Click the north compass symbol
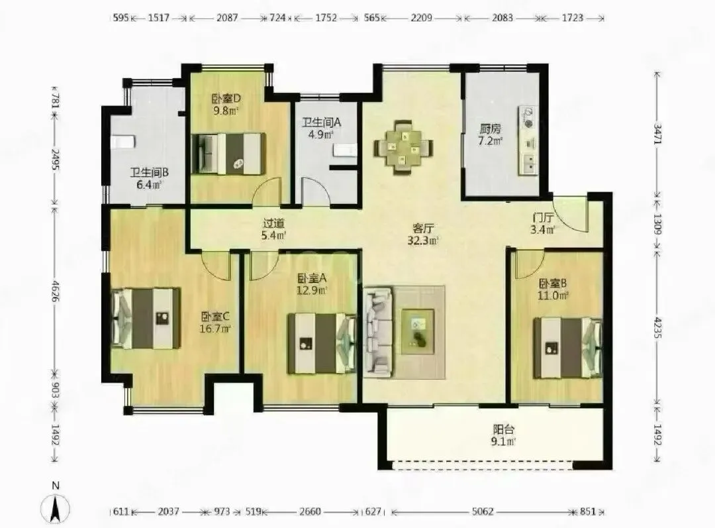click(55, 507)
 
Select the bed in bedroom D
click(228, 153)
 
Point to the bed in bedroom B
click(568, 348)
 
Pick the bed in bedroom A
click(322, 343)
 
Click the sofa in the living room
click(378, 332)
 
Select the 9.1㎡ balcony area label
click(503, 442)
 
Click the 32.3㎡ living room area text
click(422, 240)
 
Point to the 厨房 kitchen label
click(490, 129)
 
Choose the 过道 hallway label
click(273, 223)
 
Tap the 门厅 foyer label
click(543, 218)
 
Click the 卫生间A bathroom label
click(322, 123)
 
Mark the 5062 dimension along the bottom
click(483, 511)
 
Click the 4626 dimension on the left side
click(55, 291)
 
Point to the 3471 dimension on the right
click(657, 134)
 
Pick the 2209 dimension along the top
click(421, 18)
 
